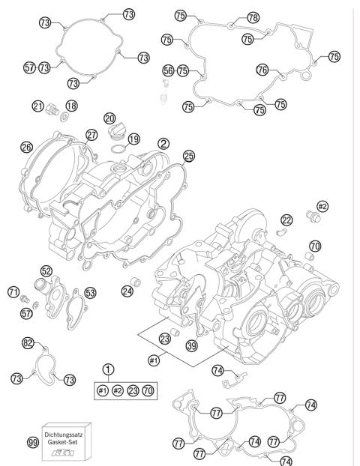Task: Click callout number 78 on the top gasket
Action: (253, 16)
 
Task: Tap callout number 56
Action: (169, 70)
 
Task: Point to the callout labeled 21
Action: (37, 106)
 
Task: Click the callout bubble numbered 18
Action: (71, 106)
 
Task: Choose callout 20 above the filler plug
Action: (110, 118)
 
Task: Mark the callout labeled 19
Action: (133, 139)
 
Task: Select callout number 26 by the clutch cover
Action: (27, 148)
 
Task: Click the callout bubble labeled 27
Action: (91, 135)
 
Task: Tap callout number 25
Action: (188, 156)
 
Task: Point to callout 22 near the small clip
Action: (286, 220)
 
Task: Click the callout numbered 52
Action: (46, 271)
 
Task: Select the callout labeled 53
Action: (90, 292)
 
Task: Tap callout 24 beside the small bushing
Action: (128, 291)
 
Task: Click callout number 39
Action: (191, 345)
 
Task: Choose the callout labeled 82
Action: (28, 342)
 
